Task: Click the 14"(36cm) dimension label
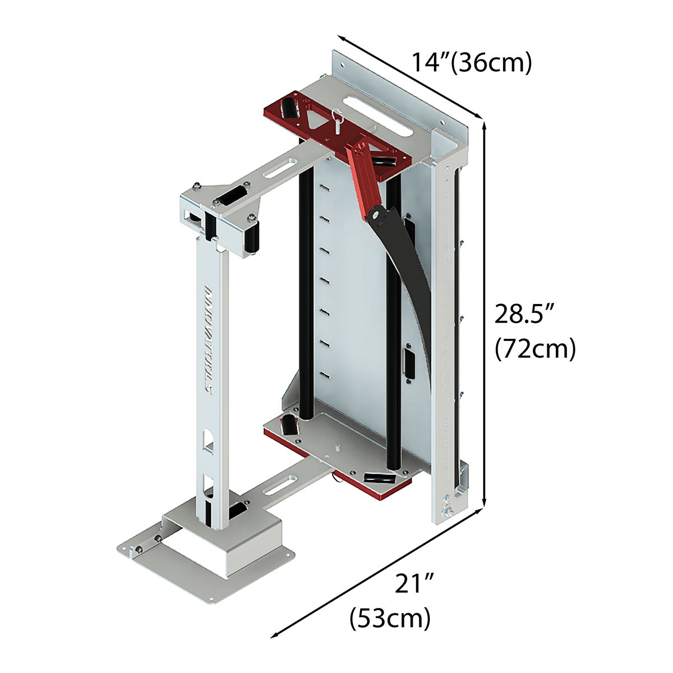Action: [x=471, y=62]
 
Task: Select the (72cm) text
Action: [x=535, y=349]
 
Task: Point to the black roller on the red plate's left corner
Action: [x=290, y=108]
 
